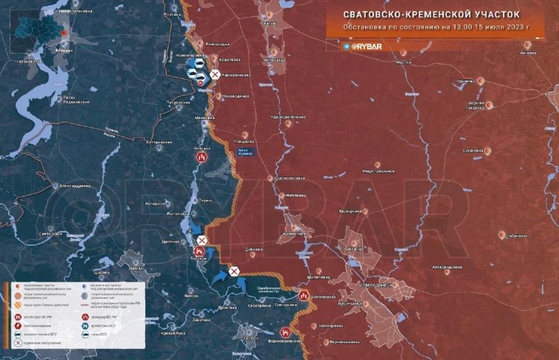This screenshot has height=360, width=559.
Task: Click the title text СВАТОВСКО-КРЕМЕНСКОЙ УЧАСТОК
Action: click(x=431, y=14)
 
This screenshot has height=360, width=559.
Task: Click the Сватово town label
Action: click(x=269, y=23)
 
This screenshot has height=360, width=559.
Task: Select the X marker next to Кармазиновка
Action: click(x=215, y=76)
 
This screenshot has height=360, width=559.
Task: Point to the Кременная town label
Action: click(x=295, y=234)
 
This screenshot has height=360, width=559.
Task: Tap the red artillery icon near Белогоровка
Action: click(x=303, y=296)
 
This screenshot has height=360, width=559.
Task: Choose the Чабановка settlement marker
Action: click(x=502, y=235)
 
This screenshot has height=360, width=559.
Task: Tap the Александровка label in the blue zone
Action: click(x=75, y=186)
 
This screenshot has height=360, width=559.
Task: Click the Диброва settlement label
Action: click(x=253, y=249)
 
